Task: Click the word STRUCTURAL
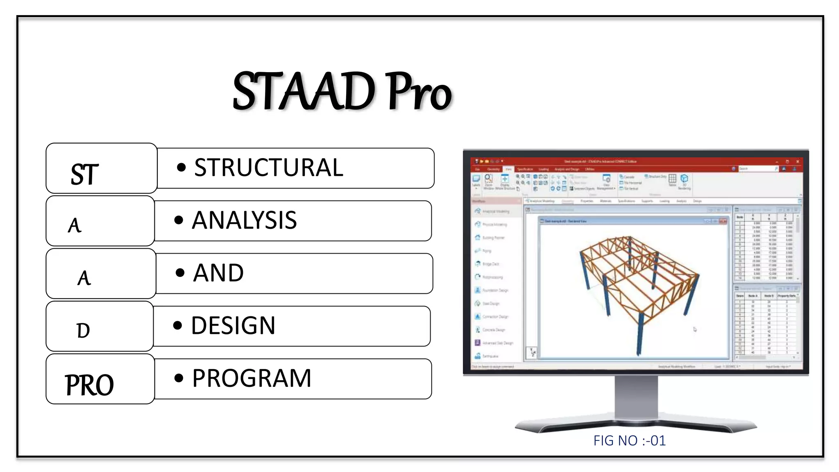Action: tap(268, 168)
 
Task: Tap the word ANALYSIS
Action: tap(244, 220)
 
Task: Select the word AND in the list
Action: tap(218, 273)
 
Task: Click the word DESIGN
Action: tap(233, 326)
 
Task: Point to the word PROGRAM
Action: tap(252, 378)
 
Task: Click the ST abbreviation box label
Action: tap(85, 174)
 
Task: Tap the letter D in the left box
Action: tap(83, 330)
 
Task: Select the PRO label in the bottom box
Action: tap(89, 385)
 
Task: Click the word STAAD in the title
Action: tap(304, 91)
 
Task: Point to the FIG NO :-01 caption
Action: tap(629, 440)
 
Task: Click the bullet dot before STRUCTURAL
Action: tap(181, 167)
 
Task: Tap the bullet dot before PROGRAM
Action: tap(179, 378)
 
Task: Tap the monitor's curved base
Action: tap(636, 426)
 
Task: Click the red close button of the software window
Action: tap(797, 161)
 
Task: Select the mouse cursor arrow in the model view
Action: tap(695, 329)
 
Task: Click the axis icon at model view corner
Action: tap(532, 352)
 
